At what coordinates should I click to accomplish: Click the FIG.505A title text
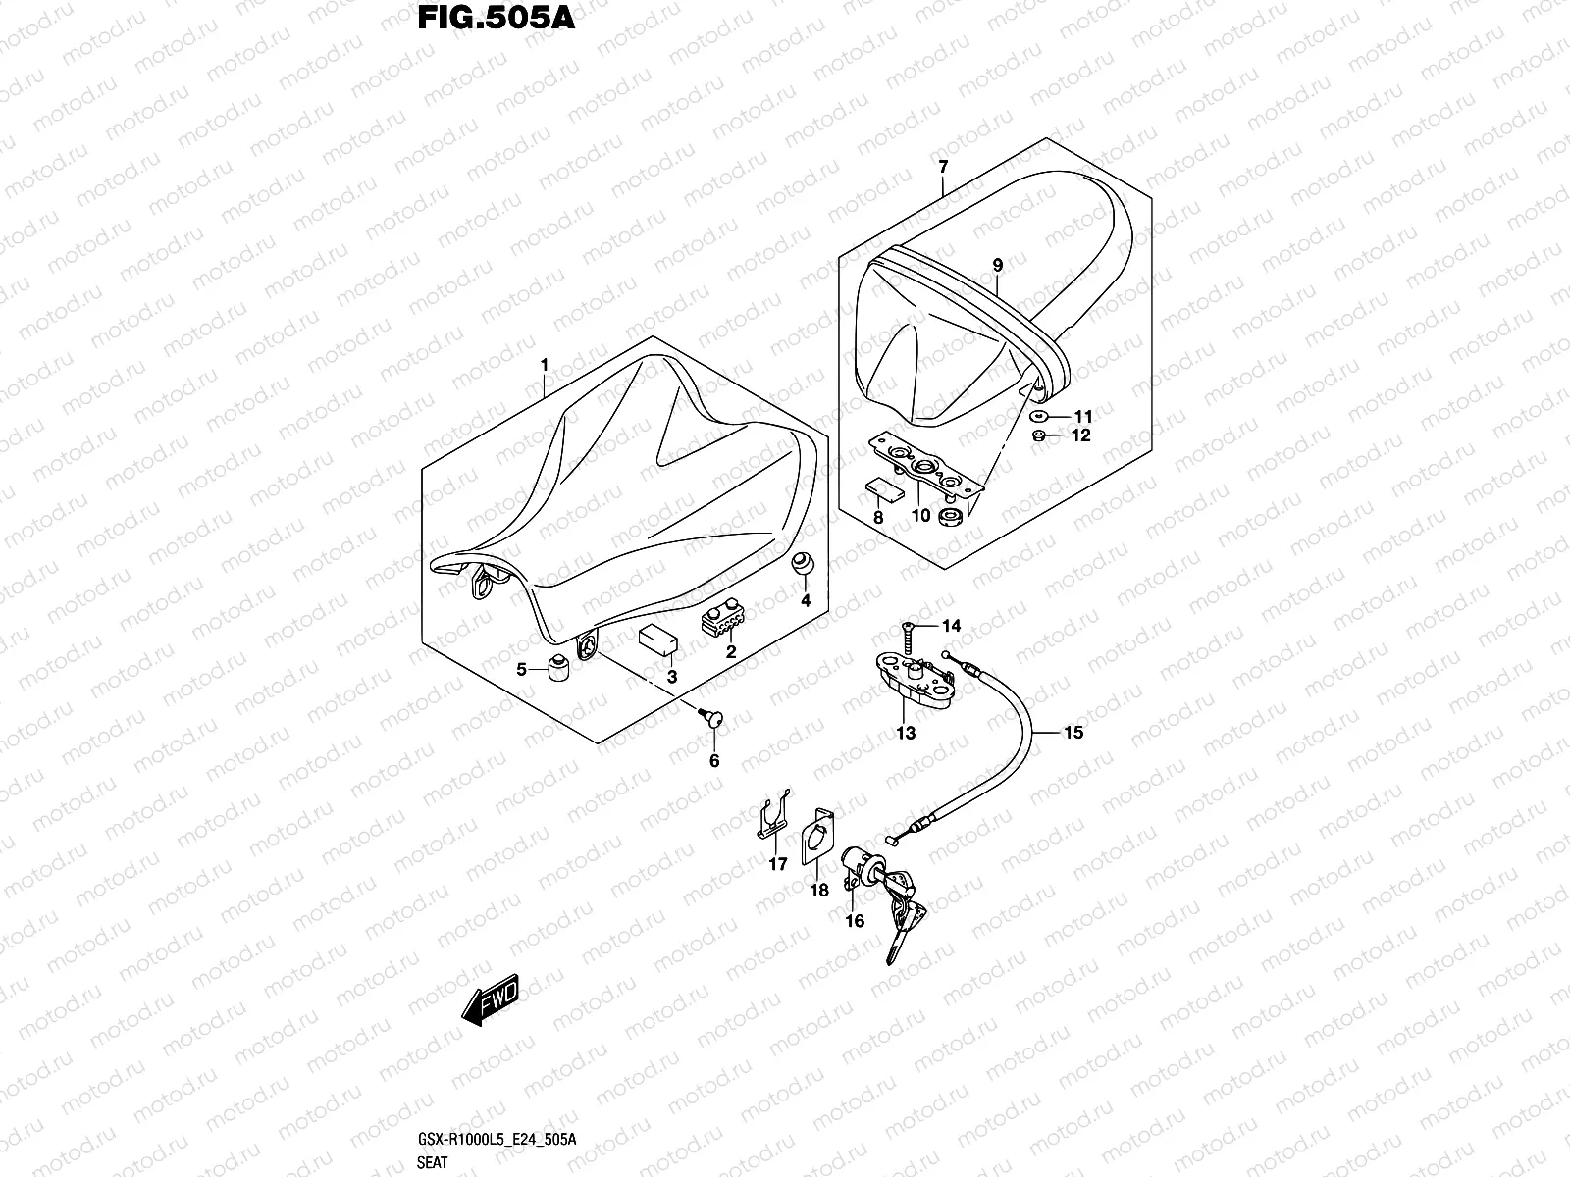click(x=496, y=19)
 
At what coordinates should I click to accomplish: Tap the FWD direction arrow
click(x=490, y=999)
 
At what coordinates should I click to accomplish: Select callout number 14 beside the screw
click(x=951, y=626)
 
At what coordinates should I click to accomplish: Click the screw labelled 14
click(x=908, y=638)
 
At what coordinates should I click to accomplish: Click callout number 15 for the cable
click(x=1073, y=732)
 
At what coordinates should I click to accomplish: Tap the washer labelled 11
click(x=1038, y=416)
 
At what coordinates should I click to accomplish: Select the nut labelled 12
click(x=1039, y=435)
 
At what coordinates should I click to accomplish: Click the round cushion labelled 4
click(x=803, y=563)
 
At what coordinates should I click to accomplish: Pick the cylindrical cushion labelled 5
click(x=558, y=668)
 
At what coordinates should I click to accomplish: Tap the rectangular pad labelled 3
click(x=658, y=639)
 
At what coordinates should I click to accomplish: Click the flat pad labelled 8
click(x=885, y=489)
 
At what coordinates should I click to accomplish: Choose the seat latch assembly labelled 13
click(x=915, y=682)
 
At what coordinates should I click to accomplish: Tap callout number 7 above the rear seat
click(x=943, y=166)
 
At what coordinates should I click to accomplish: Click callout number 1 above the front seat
click(x=545, y=365)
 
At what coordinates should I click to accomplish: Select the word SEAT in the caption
click(x=432, y=1162)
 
